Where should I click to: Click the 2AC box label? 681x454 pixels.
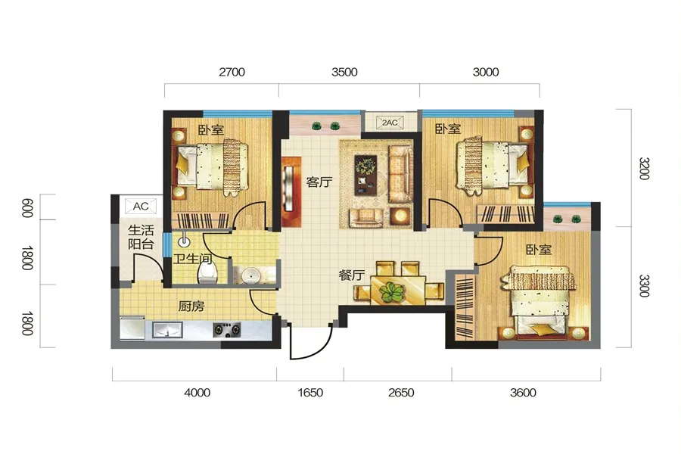[x=390, y=123]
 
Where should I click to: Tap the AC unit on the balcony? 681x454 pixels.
[x=140, y=206]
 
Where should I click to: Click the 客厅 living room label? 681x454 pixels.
[x=319, y=182]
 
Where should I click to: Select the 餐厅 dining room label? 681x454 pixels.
[x=351, y=275]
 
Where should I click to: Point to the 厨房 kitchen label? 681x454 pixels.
[x=191, y=306]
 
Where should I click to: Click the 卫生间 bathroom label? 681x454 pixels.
[x=192, y=259]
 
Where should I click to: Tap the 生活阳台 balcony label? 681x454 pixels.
[x=141, y=237]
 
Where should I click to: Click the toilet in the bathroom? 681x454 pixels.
[x=207, y=272]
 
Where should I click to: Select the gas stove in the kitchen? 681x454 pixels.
[x=227, y=330]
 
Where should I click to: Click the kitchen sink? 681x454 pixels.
[x=167, y=330]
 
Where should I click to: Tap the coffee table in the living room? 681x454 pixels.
[x=365, y=175]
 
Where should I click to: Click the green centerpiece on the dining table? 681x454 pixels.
[x=392, y=292]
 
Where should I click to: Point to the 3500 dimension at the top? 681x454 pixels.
[x=344, y=72]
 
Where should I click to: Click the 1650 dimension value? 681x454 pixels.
[x=310, y=393]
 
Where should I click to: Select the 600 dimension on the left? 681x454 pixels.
[x=27, y=207]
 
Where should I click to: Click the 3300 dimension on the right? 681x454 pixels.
[x=644, y=286]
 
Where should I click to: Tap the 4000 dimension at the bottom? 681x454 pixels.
[x=197, y=393]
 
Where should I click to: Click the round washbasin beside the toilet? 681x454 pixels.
[x=250, y=275]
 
